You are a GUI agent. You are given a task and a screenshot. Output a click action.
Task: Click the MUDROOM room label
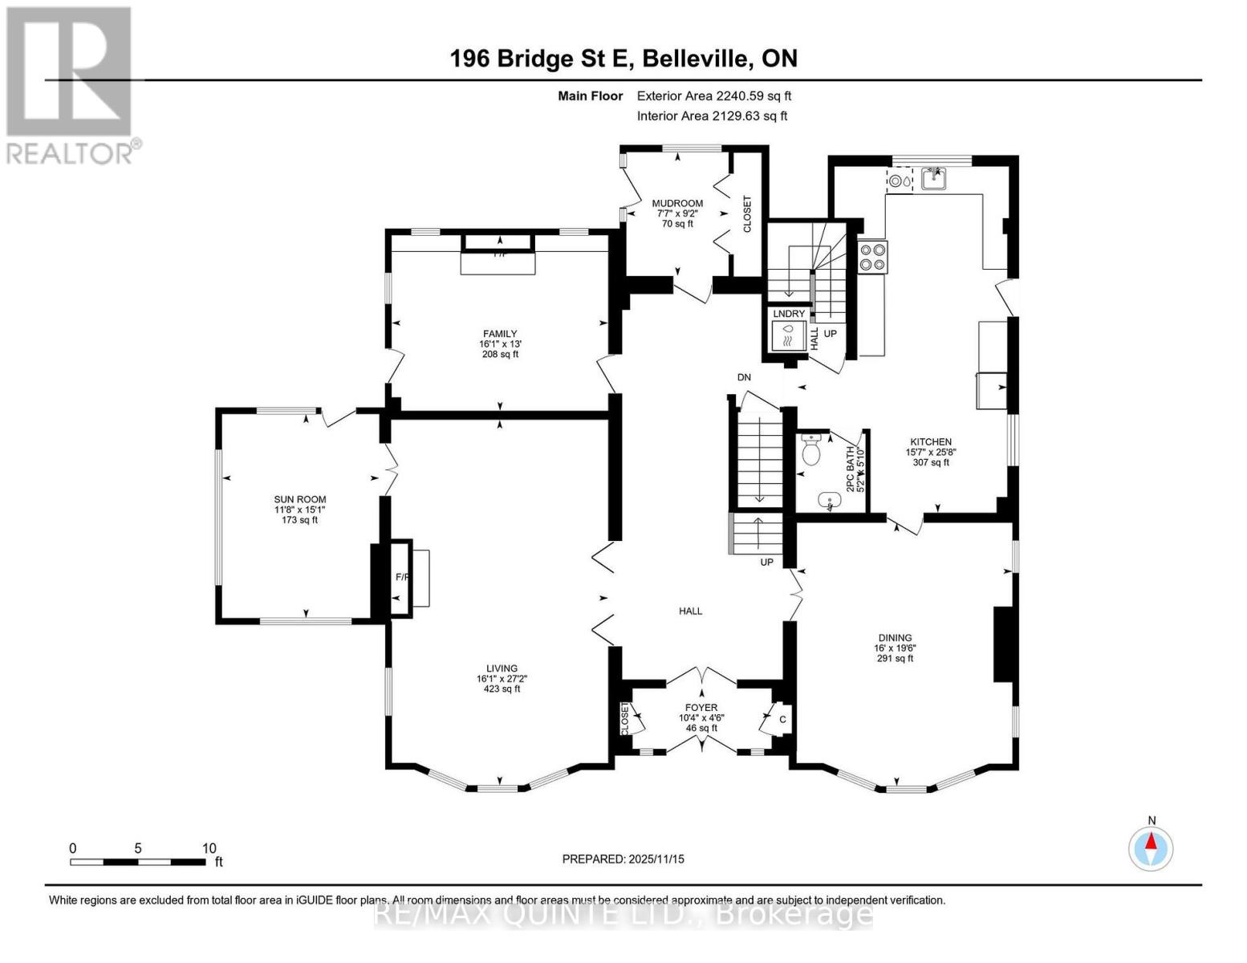coord(677,203)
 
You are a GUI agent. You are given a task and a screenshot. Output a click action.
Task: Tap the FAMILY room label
coord(499,334)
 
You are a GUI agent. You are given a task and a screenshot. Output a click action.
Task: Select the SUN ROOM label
coord(300,499)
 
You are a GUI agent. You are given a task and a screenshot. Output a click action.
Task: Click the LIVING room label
coord(502,668)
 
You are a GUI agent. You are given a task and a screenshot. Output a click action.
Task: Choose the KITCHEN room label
coord(930,442)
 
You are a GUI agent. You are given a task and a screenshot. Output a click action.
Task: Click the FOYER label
coord(701,708)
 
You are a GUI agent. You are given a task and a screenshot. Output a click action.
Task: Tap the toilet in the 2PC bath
coord(811,451)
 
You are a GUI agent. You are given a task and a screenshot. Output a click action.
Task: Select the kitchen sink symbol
coord(933,178)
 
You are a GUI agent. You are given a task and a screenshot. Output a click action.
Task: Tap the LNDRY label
coord(789,314)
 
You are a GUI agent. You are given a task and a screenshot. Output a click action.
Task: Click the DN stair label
coord(744,377)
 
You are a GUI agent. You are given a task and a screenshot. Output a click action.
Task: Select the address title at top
coord(623,59)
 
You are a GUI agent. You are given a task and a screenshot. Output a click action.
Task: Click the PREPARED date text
coord(623,859)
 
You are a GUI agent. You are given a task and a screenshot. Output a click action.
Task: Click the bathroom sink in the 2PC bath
coord(829,502)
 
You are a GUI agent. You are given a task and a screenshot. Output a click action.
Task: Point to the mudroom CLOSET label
coord(747,214)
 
